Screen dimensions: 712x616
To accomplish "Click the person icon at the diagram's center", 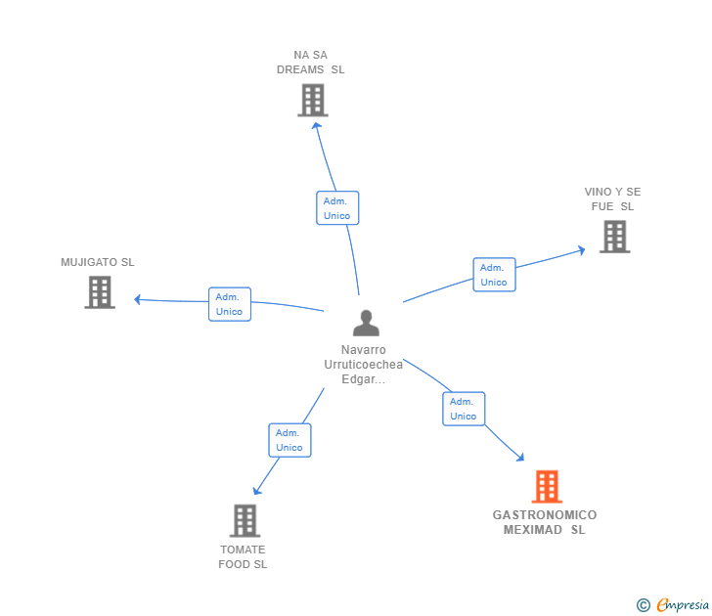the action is point(366,323).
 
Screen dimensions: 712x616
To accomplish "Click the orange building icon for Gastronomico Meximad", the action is point(547,486).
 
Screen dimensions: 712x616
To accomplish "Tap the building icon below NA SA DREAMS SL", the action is point(313,100).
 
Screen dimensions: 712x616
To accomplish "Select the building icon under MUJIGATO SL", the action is point(100,292).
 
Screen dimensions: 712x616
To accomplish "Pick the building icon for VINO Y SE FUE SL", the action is point(615,237).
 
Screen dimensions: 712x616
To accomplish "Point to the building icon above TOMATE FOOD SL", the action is point(245,521).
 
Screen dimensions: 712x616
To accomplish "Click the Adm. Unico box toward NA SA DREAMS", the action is point(337,208).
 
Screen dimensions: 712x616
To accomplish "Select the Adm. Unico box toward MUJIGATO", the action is point(230,304).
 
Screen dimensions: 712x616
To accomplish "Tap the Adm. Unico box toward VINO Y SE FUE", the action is point(494,275).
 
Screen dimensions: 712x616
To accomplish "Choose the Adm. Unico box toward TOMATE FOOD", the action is point(289,440).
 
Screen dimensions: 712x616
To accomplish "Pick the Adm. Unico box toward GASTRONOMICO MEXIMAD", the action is point(464,409).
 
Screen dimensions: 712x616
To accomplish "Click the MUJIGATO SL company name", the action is point(98,262).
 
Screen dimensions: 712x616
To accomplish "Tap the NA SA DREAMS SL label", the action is point(311,63).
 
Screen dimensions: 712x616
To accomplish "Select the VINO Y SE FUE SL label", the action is point(612,198).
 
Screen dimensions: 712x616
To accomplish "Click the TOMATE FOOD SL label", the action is point(243,557).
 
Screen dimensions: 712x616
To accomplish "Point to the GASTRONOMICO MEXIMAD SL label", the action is point(545,522).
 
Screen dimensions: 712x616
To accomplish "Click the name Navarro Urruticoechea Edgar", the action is point(363,365).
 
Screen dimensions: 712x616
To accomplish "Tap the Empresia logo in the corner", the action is point(673,604).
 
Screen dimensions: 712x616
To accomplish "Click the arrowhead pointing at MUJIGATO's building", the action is point(138,299).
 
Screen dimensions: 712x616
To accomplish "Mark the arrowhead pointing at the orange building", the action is point(520,458).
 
